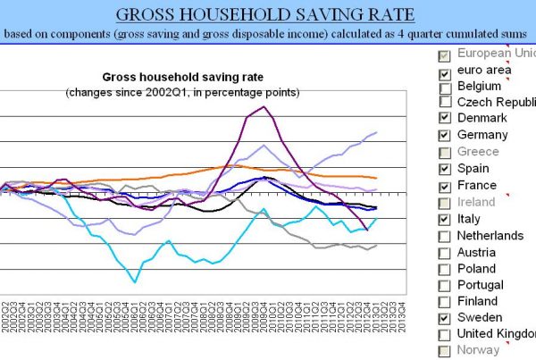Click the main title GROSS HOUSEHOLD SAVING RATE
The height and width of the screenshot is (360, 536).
[267, 15]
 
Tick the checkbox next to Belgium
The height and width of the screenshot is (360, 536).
[445, 87]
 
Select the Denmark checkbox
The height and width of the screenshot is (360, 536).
[445, 119]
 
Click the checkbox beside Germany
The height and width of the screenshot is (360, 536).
[445, 136]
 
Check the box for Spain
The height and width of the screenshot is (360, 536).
[445, 170]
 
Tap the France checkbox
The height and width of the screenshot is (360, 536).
[445, 187]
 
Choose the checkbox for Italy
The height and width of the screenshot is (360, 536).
[445, 220]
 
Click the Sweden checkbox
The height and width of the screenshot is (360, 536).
[445, 318]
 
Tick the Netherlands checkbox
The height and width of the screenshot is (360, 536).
[445, 236]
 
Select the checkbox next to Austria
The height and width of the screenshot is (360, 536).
[445, 253]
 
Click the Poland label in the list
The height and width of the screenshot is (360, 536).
[476, 268]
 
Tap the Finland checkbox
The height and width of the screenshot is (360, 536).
[445, 302]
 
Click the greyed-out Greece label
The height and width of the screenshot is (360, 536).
[478, 152]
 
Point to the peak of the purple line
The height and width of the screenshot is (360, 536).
[263, 107]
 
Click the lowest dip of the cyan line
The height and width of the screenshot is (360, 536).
[136, 282]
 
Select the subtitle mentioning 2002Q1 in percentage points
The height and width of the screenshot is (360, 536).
[182, 93]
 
